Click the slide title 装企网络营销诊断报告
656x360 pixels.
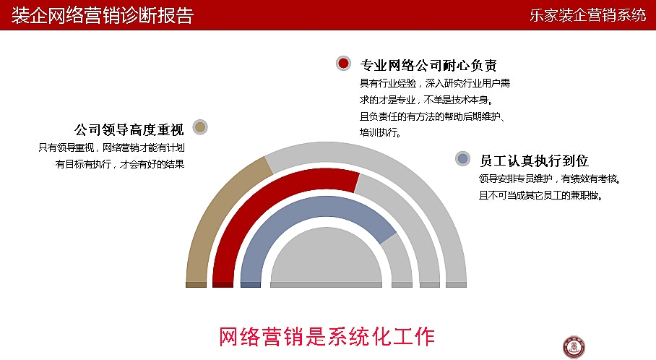[103, 15]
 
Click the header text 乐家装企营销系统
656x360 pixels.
[588, 15]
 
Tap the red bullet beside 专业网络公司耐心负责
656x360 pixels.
[343, 63]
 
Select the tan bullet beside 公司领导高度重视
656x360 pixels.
[200, 127]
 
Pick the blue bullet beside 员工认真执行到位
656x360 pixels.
[462, 158]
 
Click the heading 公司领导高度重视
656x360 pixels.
[129, 130]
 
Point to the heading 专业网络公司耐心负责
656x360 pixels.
[428, 65]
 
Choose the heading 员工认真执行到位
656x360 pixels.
[534, 160]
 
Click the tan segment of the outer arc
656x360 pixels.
[217, 213]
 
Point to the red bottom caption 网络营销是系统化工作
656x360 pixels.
[327, 337]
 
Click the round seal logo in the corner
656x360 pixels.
[574, 347]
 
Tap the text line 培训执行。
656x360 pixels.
[380, 133]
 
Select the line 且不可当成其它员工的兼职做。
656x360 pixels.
[541, 195]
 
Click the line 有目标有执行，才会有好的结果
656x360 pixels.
[120, 164]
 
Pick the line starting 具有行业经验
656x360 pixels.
[435, 83]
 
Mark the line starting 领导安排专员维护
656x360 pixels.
[550, 179]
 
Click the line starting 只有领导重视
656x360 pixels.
[112, 147]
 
